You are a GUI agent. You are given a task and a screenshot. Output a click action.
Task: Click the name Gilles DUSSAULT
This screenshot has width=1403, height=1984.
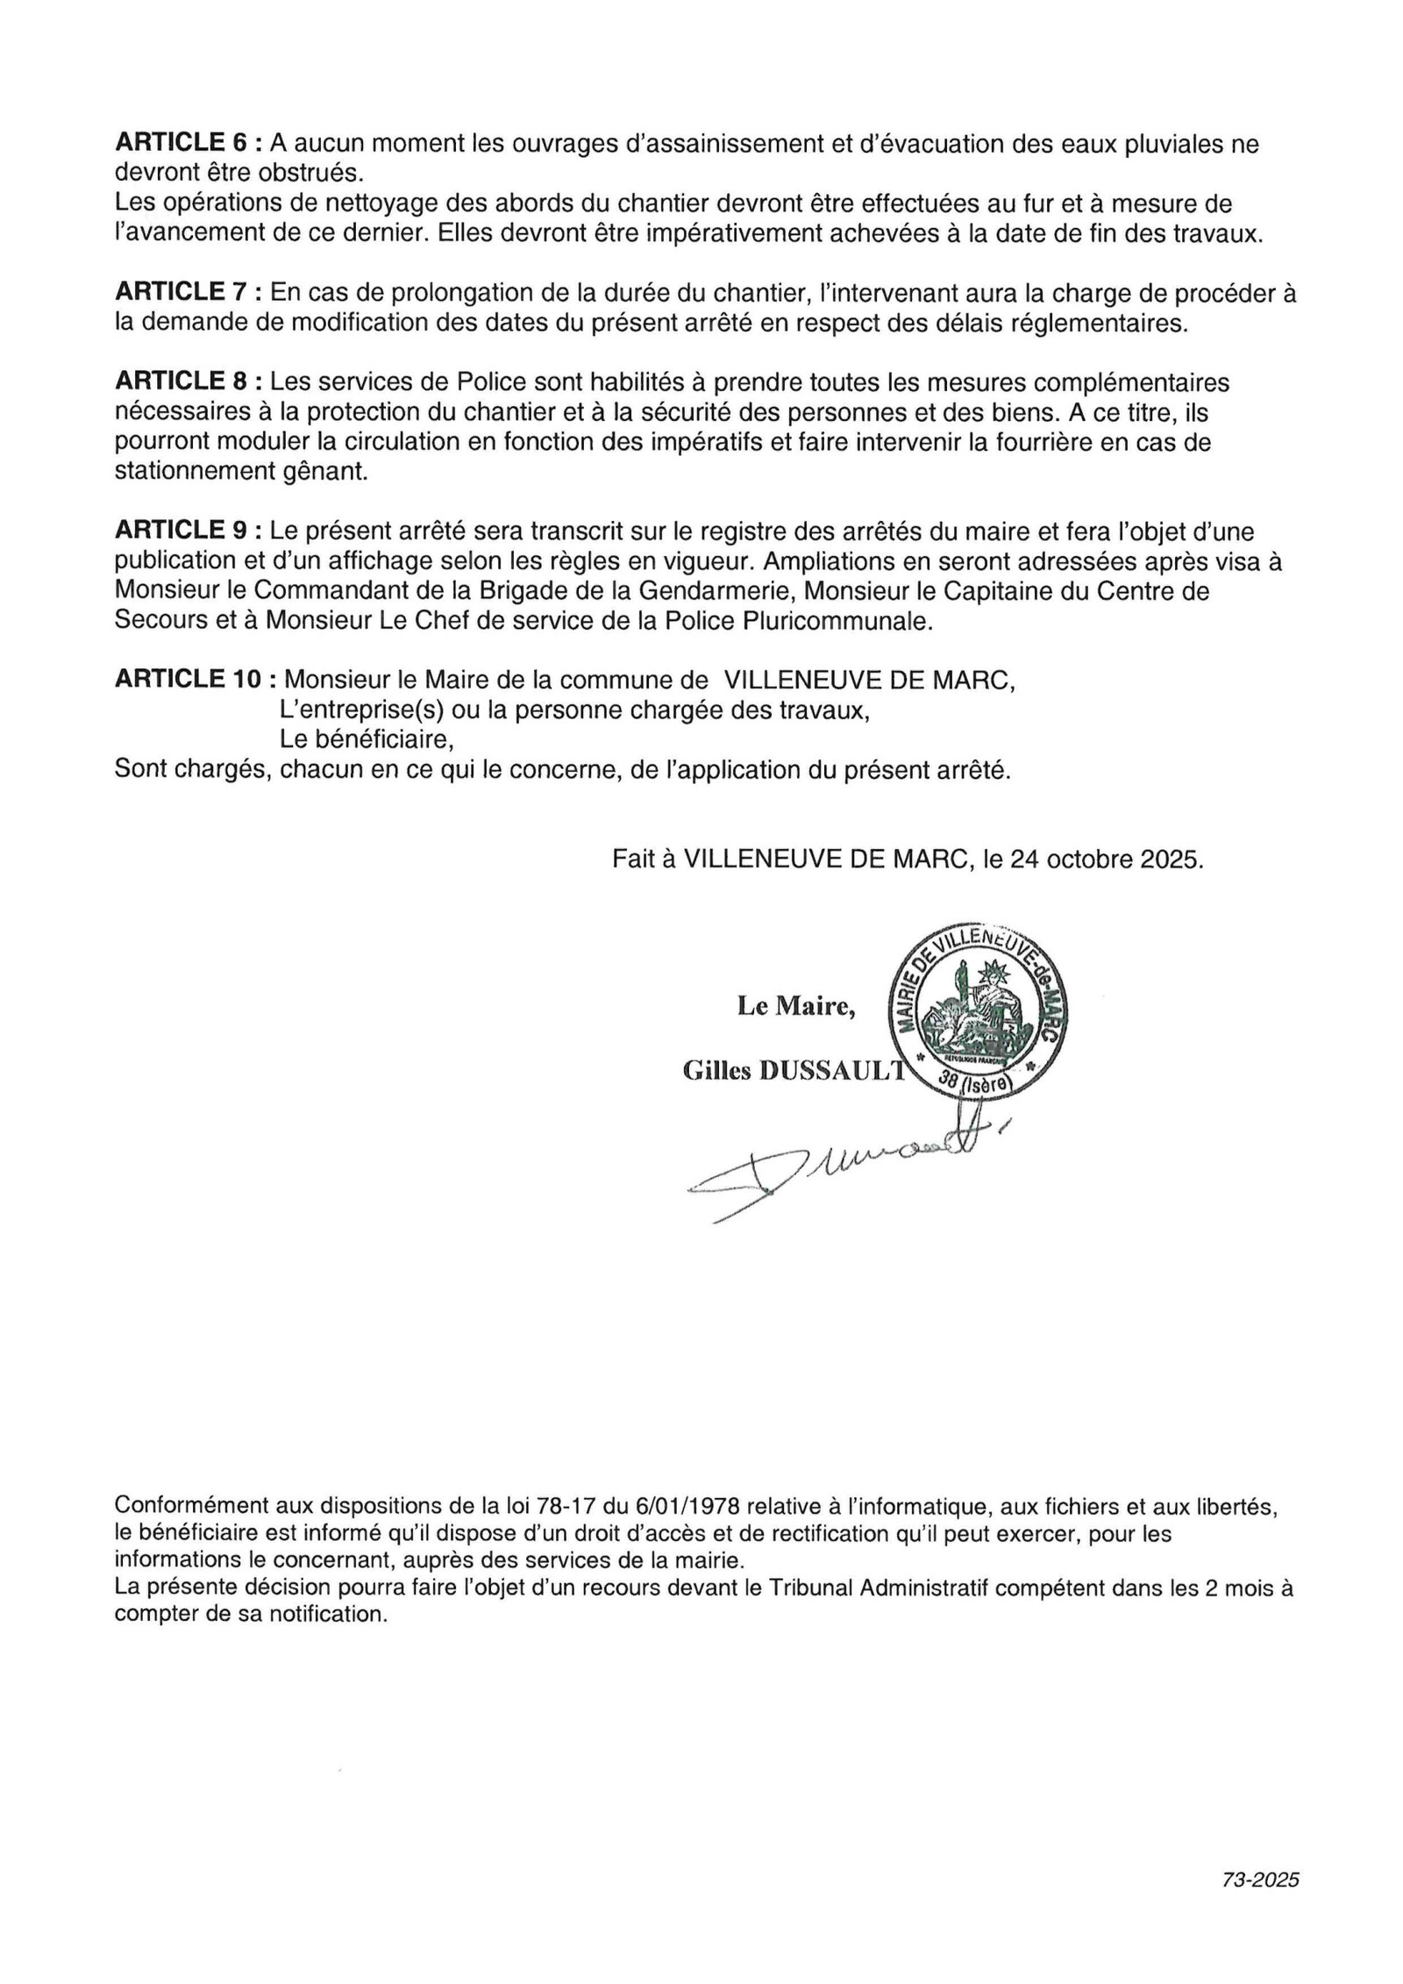792,1071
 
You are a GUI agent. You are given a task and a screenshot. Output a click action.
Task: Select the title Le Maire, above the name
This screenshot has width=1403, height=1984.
796,1007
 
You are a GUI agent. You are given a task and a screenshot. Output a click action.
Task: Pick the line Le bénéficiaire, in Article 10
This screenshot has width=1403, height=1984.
367,739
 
